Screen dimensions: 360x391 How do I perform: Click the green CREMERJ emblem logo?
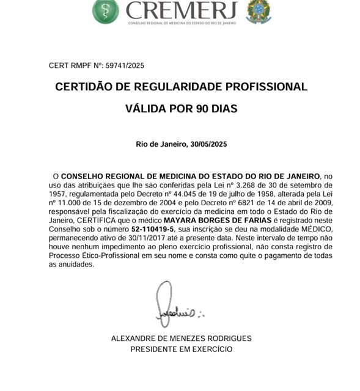pyautogui.click(x=105, y=10)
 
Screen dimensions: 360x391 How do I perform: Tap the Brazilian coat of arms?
pyautogui.click(x=257, y=10)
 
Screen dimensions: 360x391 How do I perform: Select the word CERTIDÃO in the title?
pyautogui.click(x=83, y=87)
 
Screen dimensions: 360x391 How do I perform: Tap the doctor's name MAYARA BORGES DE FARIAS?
pyautogui.click(x=216, y=219)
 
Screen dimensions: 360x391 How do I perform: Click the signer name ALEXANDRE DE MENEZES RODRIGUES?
pyautogui.click(x=181, y=338)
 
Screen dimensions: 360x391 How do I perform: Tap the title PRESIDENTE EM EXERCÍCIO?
pyautogui.click(x=181, y=349)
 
